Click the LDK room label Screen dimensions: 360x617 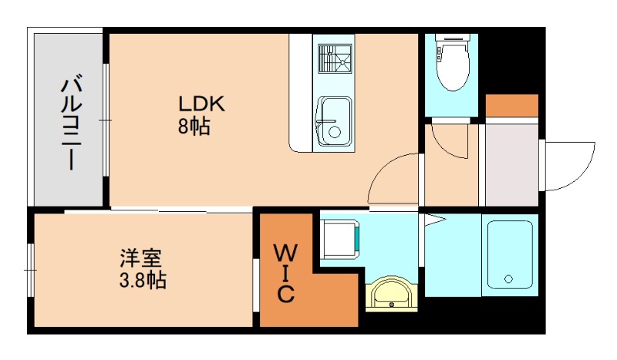[201, 103]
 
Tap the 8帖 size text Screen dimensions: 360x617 [194, 127]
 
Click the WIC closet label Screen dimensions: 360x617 [285, 272]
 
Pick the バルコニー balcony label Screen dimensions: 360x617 [72, 122]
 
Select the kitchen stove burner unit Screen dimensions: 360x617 [334, 60]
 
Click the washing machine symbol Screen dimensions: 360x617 [340, 240]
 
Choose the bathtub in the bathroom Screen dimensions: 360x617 [509, 254]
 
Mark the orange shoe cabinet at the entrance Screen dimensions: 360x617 [511, 104]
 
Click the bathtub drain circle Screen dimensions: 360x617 [508, 278]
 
